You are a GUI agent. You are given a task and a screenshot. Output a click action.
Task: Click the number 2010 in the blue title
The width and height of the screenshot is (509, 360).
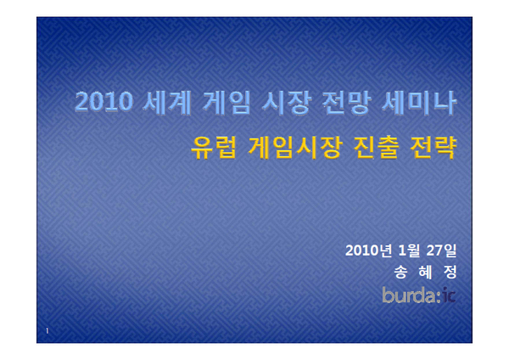click(x=103, y=102)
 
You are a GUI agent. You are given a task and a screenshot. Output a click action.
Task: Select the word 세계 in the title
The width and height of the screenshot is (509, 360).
click(x=167, y=103)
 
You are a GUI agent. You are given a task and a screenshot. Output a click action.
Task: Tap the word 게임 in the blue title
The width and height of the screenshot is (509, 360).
click(x=227, y=103)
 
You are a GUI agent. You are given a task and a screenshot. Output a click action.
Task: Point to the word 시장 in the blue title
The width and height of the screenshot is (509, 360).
click(x=287, y=103)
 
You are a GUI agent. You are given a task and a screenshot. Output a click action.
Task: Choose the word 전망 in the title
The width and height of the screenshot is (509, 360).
click(x=346, y=103)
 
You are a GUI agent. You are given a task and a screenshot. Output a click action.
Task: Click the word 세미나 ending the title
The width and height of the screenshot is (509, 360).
click(x=419, y=103)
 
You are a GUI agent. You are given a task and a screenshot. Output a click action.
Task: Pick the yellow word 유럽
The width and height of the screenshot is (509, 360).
click(x=213, y=148)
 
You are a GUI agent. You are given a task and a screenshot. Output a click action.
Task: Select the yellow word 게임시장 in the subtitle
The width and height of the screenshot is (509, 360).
click(x=295, y=148)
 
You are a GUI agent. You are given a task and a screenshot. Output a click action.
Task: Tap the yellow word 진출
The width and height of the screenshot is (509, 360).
click(x=376, y=148)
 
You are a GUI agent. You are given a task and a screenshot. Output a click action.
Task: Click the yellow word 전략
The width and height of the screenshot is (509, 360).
click(x=433, y=148)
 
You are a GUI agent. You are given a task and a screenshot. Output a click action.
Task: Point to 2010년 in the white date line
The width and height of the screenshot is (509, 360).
click(x=369, y=250)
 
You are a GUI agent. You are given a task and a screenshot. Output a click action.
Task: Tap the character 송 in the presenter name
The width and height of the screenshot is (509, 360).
click(x=401, y=272)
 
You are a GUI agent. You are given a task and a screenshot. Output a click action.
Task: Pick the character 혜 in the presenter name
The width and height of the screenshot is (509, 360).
click(x=425, y=272)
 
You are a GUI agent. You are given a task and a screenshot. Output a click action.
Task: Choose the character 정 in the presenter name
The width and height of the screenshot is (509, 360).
click(x=450, y=272)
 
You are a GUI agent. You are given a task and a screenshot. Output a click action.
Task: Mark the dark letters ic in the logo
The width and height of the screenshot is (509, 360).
click(x=450, y=295)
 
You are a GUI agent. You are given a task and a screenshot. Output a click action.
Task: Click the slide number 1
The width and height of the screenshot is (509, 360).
click(x=47, y=331)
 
